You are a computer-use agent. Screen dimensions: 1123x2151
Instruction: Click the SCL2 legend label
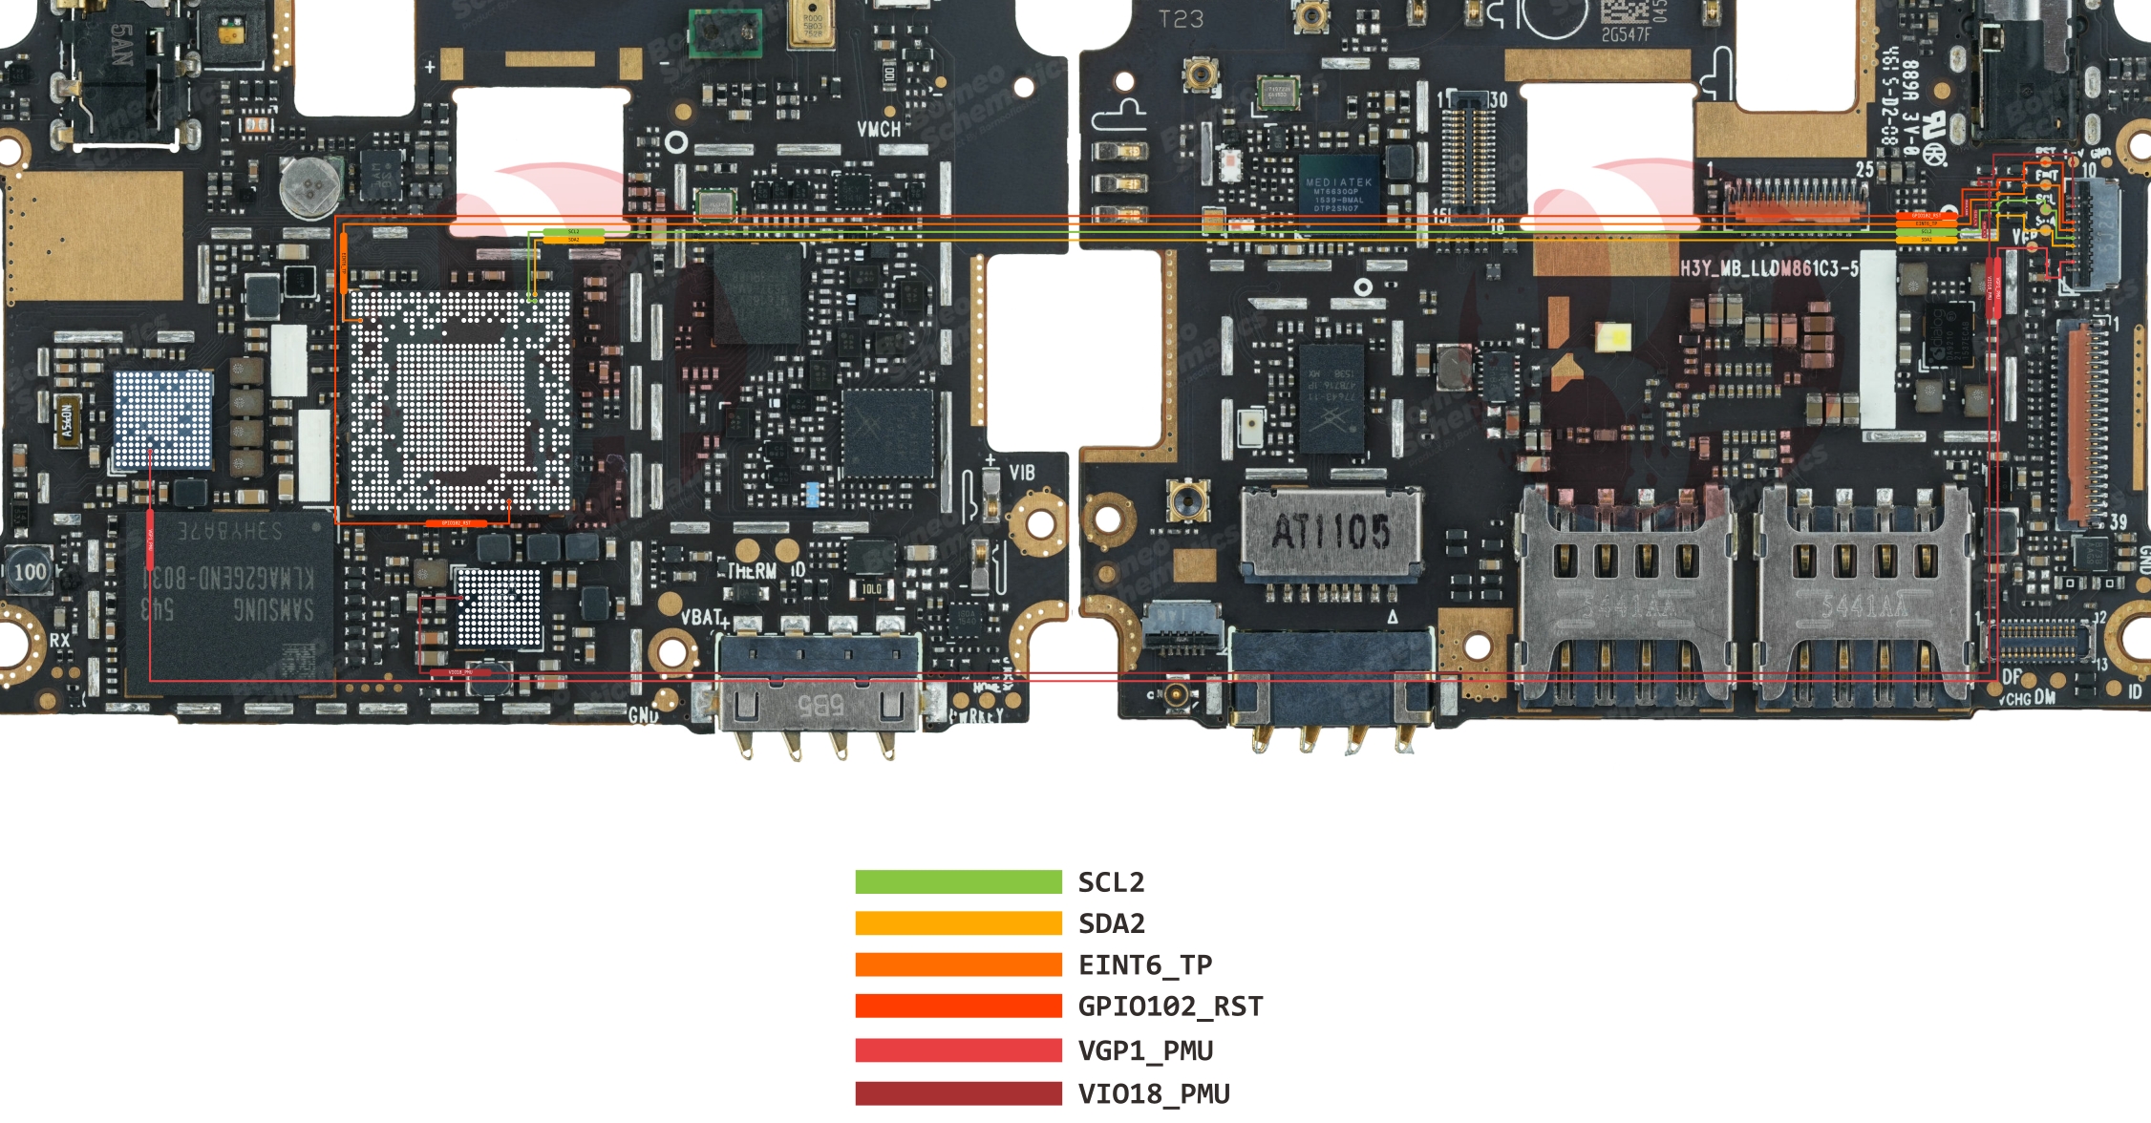pyautogui.click(x=1111, y=882)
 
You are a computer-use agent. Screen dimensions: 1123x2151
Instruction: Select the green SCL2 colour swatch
pyautogui.click(x=958, y=882)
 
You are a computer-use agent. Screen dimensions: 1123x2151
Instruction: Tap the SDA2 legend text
pyautogui.click(x=1111, y=923)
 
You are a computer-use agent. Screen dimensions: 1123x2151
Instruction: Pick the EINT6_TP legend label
pyautogui.click(x=1144, y=965)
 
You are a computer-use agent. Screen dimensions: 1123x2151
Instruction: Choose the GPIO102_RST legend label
pyautogui.click(x=1170, y=1006)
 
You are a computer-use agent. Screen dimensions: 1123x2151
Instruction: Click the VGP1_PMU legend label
pyautogui.click(x=1145, y=1050)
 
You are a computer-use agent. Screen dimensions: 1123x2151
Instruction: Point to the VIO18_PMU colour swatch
pyautogui.click(x=958, y=1093)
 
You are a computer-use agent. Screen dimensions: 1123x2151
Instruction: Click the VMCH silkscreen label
pyautogui.click(x=878, y=129)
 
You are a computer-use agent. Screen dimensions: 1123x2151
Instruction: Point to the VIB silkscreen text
pyautogui.click(x=1021, y=473)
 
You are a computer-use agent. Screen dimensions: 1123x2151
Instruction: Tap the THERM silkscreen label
pyautogui.click(x=753, y=571)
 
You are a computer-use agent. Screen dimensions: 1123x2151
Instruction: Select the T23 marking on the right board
pyautogui.click(x=1181, y=19)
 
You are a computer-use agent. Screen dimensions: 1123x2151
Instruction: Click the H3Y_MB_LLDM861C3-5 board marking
pyautogui.click(x=1769, y=268)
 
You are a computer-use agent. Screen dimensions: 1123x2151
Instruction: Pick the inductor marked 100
pyautogui.click(x=30, y=572)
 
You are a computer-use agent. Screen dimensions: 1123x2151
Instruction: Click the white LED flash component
pyautogui.click(x=1613, y=336)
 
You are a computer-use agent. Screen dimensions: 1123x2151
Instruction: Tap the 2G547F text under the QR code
pyautogui.click(x=1626, y=35)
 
